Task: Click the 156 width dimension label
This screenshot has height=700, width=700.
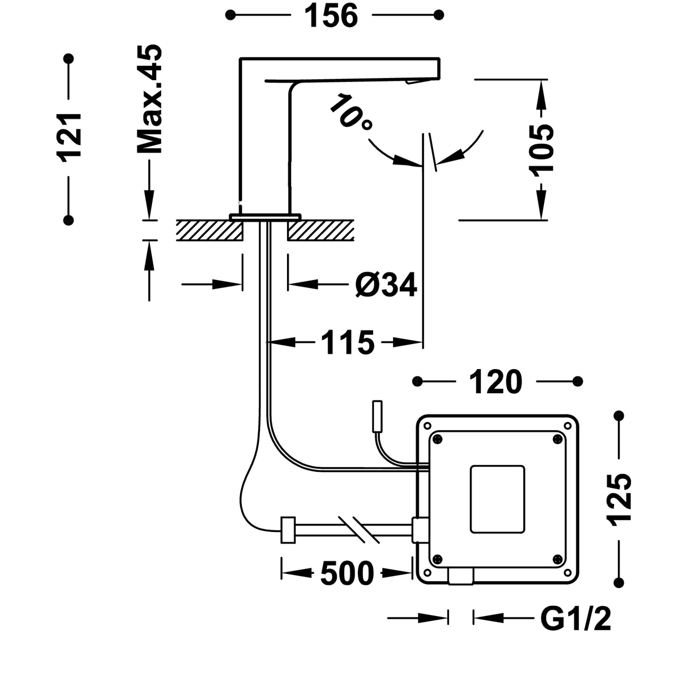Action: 331,16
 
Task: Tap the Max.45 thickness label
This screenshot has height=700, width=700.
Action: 150,99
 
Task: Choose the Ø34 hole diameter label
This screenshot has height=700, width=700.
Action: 385,285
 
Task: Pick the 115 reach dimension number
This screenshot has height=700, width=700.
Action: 348,343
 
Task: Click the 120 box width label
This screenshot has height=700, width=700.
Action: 495,382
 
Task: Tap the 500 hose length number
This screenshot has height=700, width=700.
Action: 347,574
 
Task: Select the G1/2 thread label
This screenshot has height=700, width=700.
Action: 575,619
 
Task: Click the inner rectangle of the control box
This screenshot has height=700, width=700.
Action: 497,499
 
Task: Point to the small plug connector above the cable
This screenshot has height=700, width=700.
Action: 377,416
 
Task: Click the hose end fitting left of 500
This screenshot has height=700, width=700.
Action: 288,530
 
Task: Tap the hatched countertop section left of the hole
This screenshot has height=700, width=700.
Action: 209,231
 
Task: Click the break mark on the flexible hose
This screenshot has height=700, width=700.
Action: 359,530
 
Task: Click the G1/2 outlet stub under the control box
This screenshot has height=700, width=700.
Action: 461,577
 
